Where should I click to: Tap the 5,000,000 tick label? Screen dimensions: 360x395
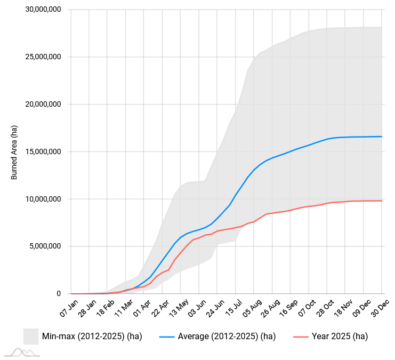pyautogui.click(x=46, y=246)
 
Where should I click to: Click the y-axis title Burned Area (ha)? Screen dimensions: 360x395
pyautogui.click(x=14, y=152)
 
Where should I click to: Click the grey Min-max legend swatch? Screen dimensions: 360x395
pyautogui.click(x=30, y=337)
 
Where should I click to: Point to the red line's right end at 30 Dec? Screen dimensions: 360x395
pyautogui.click(x=382, y=201)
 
